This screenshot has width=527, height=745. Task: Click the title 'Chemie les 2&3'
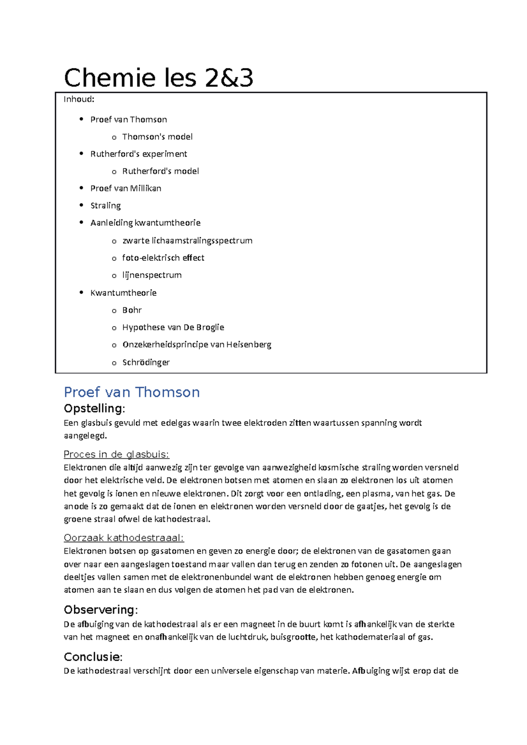(x=159, y=78)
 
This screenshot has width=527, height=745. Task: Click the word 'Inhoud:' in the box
(x=79, y=99)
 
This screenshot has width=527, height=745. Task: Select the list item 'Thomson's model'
(x=157, y=137)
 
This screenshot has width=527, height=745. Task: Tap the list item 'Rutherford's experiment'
(x=139, y=154)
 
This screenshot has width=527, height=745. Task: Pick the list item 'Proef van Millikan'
(x=126, y=188)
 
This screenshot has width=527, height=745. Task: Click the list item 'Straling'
(x=105, y=205)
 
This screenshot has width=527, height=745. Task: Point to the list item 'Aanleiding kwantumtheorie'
(x=145, y=223)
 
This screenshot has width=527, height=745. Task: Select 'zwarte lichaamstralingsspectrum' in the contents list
(x=187, y=240)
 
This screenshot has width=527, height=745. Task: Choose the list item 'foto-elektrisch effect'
(x=163, y=258)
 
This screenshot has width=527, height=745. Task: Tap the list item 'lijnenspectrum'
(x=152, y=275)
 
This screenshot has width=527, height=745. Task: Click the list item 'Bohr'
(x=132, y=310)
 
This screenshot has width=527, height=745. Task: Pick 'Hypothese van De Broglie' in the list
(x=173, y=327)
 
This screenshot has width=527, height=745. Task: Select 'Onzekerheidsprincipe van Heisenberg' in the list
(x=197, y=344)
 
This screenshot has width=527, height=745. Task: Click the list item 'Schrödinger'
(x=146, y=362)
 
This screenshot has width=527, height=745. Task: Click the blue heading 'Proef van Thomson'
(x=132, y=392)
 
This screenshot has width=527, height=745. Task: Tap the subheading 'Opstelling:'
(x=94, y=408)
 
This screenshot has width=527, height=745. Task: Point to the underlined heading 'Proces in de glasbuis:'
(x=116, y=454)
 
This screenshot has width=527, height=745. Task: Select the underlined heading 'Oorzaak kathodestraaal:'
(x=124, y=538)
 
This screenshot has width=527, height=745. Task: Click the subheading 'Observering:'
(x=101, y=610)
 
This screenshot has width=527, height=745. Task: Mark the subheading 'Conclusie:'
(x=93, y=657)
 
